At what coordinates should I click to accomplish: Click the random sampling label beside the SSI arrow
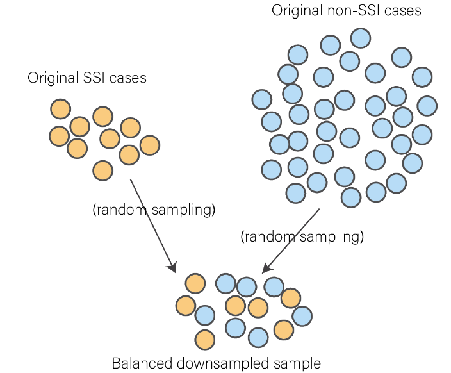coord(154,210)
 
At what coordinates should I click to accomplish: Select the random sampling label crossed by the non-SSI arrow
coord(302,236)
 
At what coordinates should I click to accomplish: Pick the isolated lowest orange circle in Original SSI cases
coord(102,170)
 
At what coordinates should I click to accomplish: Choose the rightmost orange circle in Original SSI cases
coord(149,145)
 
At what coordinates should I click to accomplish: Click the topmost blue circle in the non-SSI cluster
coord(361,38)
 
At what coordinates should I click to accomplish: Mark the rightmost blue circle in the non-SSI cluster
coord(427,105)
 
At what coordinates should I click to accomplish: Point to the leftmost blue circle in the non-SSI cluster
coord(261,99)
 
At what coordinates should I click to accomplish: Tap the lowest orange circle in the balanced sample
coord(204,338)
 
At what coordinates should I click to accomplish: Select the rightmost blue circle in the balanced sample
coord(302,315)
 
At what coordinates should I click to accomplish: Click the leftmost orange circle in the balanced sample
coord(185,306)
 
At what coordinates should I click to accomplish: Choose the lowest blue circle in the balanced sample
coord(258,337)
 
